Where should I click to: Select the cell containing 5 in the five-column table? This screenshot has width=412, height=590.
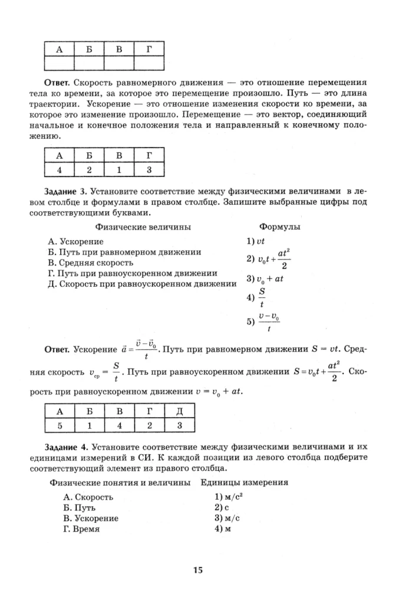[58, 424]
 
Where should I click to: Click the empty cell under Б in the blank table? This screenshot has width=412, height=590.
[88, 62]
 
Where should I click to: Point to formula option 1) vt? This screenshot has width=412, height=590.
[256, 241]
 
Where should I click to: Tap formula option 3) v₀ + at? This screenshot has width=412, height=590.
[265, 278]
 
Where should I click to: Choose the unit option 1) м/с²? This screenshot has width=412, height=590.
[230, 497]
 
